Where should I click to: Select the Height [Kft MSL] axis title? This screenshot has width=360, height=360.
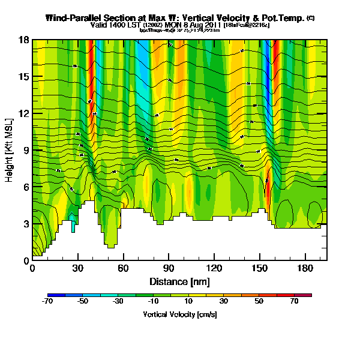(10, 150)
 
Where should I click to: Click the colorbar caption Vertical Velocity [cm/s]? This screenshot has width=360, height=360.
(179, 314)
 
